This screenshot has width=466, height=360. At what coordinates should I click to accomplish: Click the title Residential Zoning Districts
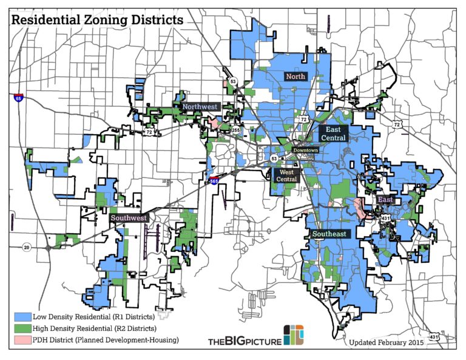pyautogui.click(x=97, y=19)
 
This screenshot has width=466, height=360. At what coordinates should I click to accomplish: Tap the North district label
pyautogui.click(x=295, y=76)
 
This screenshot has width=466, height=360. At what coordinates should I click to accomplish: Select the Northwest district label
pyautogui.click(x=200, y=106)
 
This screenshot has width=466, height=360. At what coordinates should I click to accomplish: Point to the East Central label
pyautogui.click(x=333, y=134)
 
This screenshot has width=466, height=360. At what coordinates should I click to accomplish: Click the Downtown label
pyautogui.click(x=305, y=149)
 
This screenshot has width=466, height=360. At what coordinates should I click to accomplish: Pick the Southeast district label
pyautogui.click(x=329, y=234)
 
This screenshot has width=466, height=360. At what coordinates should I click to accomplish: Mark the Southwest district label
pyautogui.click(x=128, y=217)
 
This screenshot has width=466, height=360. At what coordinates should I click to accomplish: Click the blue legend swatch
pyautogui.click(x=22, y=316)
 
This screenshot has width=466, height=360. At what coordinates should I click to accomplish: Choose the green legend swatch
pyautogui.click(x=22, y=328)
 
